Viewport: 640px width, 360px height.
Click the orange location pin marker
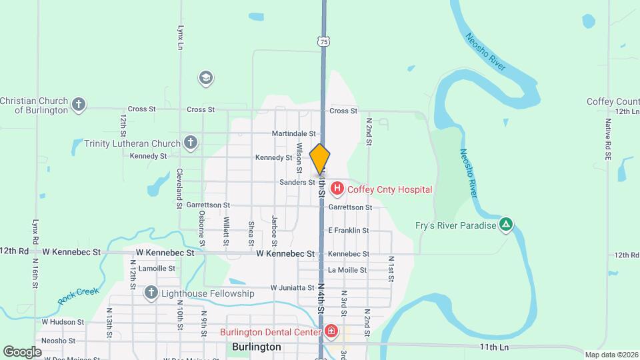click(x=320, y=159)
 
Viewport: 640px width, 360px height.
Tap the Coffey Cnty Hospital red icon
click(x=337, y=189)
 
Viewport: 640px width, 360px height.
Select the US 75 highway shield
click(x=324, y=41)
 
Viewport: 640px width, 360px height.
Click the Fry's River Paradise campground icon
click(x=507, y=225)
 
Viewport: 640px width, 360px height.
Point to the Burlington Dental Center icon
click(x=331, y=332)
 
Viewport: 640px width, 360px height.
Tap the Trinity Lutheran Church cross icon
click(x=191, y=143)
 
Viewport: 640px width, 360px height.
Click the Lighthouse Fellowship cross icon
click(x=151, y=293)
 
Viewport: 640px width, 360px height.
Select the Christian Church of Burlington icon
click(x=79, y=105)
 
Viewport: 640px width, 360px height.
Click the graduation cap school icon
click(x=206, y=79)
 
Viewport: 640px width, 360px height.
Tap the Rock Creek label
click(x=78, y=296)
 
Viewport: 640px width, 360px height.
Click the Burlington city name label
click(x=257, y=347)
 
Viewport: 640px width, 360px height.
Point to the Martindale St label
click(x=293, y=134)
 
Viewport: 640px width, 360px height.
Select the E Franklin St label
click(x=348, y=231)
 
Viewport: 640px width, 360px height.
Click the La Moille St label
click(x=347, y=270)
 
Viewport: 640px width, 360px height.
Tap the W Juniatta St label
click(x=293, y=288)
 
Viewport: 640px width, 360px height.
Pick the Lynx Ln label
click(x=180, y=38)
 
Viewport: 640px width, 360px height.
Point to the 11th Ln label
click(x=495, y=347)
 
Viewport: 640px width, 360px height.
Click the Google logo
click(x=22, y=351)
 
